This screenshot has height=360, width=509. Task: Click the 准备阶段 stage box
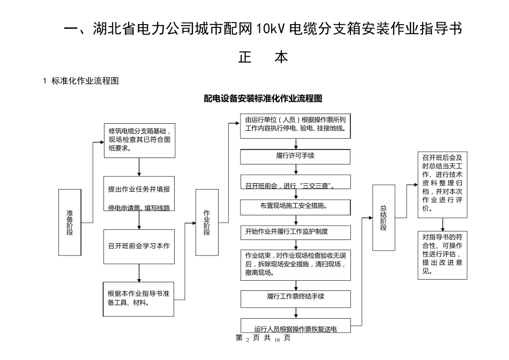[x=70, y=222]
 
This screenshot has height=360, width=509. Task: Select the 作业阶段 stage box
[x=207, y=222]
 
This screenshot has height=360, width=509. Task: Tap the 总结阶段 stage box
[x=383, y=217]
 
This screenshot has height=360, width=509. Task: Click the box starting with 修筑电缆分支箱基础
[x=139, y=140]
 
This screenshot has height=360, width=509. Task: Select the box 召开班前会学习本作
[x=139, y=246]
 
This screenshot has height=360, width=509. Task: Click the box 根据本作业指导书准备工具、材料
[x=139, y=298]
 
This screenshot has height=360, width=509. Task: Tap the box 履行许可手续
[x=295, y=156]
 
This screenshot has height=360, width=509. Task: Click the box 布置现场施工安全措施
[x=295, y=206]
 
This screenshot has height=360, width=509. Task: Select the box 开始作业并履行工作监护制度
[x=295, y=232]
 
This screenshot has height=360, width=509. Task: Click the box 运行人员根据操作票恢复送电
[x=295, y=326]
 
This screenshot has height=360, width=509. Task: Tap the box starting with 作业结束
[x=295, y=264]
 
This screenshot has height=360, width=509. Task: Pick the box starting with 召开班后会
[x=443, y=184]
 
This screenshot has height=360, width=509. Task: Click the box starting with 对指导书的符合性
[x=443, y=254]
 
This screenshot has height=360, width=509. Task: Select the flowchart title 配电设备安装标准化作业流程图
[x=263, y=99]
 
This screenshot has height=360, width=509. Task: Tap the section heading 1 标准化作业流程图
[x=80, y=81]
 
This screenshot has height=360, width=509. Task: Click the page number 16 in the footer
[x=277, y=339]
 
